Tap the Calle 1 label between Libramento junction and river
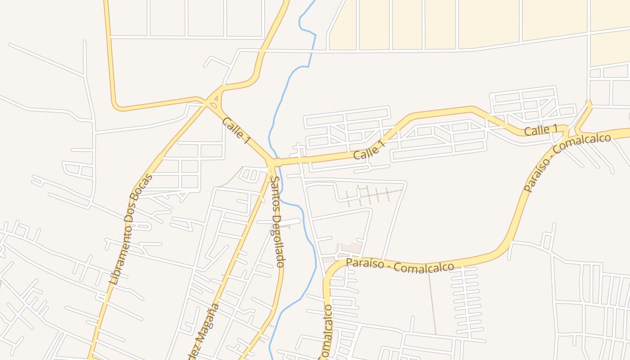(236, 130)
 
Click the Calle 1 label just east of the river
(370, 150)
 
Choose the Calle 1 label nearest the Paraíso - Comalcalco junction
(541, 130)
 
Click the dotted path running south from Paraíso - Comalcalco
(432, 301)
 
